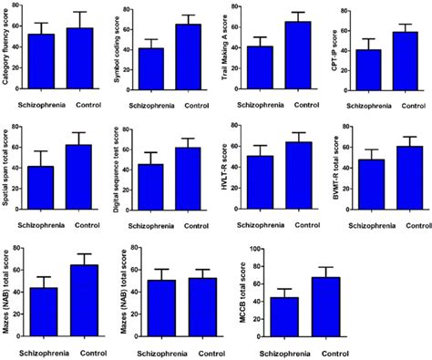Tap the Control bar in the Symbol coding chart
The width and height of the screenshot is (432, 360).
[189, 57]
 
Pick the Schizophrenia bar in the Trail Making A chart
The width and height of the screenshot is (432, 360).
[260, 67]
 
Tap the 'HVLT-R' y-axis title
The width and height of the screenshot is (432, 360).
[227, 173]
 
